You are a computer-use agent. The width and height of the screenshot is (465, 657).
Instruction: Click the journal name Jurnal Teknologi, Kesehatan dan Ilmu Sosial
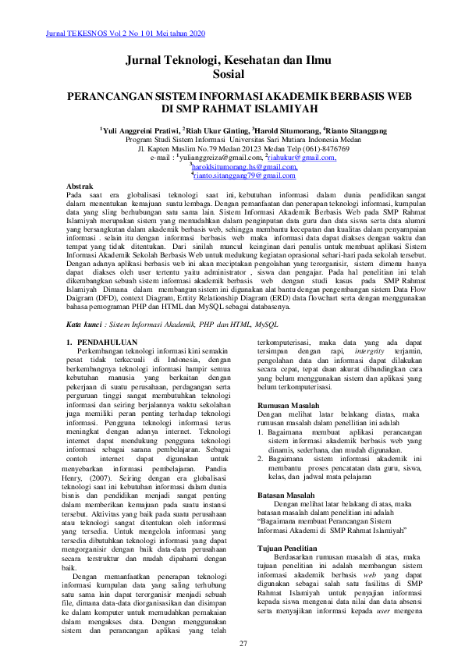[x=228, y=67]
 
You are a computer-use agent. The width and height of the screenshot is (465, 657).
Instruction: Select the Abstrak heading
[x=81, y=186]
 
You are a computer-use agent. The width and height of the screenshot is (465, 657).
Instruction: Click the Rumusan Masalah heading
[x=288, y=406]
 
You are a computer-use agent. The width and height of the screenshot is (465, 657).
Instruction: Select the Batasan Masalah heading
[x=286, y=495]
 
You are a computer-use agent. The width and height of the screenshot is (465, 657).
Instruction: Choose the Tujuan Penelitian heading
[x=289, y=549]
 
